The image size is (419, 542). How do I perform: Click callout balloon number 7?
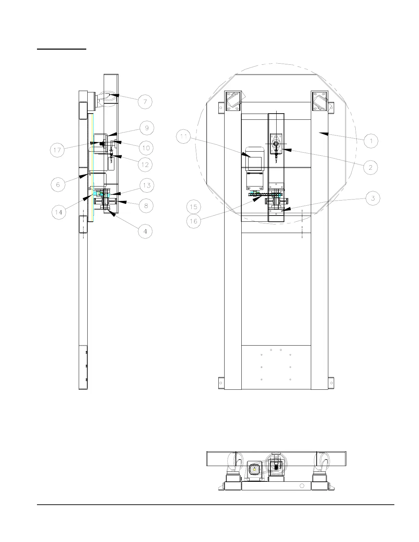coord(145,102)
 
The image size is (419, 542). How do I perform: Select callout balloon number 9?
coord(147,128)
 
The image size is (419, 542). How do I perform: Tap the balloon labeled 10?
coord(146,148)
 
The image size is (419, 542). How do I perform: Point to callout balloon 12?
coord(145,165)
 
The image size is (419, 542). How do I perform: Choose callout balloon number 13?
coord(147,185)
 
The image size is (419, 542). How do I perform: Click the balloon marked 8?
coord(146,206)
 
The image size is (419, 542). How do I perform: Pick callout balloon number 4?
coord(145,231)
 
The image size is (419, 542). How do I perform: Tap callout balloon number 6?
coord(58,185)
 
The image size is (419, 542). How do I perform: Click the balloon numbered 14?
coord(59,212)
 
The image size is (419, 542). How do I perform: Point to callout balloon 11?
coord(183,138)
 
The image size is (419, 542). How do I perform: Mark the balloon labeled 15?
coord(194,207)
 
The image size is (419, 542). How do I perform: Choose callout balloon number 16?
coord(194,221)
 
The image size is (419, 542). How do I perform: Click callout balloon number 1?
coord(371,141)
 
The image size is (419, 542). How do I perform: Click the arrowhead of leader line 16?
coord(254,200)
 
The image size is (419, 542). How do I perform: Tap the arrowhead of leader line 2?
coord(282,150)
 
